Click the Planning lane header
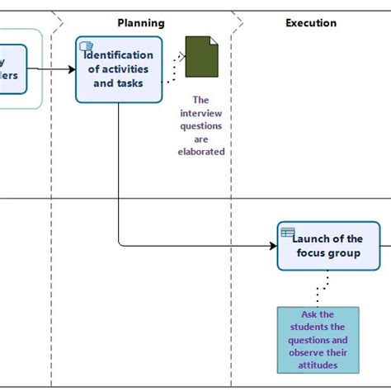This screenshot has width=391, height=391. click(141, 23)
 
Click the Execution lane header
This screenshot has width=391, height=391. click(311, 23)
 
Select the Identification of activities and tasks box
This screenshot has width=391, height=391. click(119, 70)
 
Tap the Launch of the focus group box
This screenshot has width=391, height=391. click(328, 246)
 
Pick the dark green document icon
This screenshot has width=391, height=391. click(201, 57)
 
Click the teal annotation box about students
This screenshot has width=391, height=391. click(318, 339)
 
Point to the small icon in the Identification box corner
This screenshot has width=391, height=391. click(86, 46)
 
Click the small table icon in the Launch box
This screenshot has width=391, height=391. click(287, 233)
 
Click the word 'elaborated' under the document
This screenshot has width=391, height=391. click(201, 152)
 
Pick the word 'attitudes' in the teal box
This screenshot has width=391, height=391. click(318, 365)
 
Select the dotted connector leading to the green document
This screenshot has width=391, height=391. click(173, 71)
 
